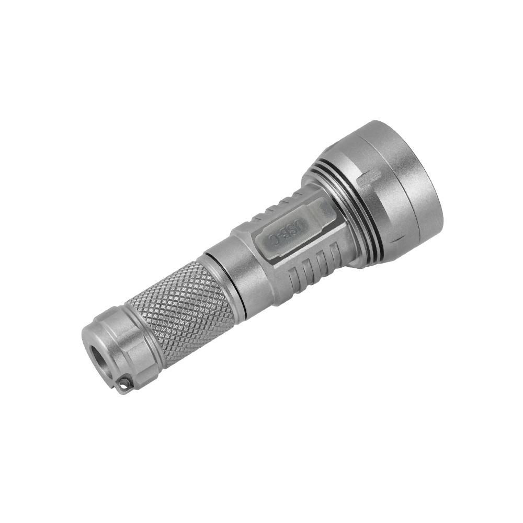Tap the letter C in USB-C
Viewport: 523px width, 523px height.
point(272,240)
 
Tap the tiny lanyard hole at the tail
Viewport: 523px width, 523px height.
point(123,385)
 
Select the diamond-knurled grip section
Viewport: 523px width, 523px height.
point(180,309)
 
